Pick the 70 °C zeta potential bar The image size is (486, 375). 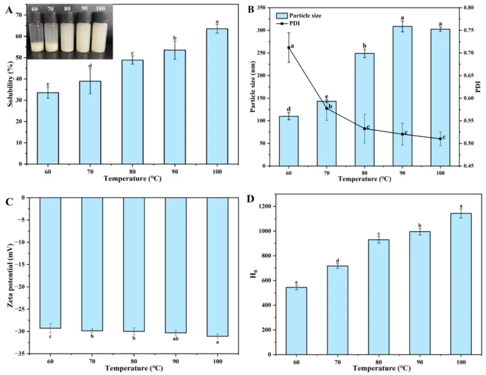click(x=92, y=264)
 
